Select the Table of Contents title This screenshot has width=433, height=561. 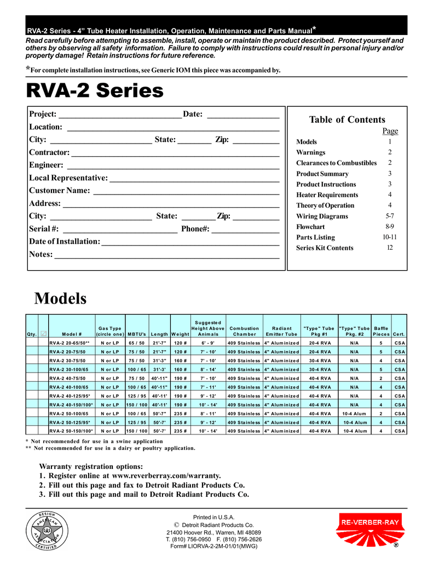point(347,119)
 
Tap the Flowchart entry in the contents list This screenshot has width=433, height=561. point(310,226)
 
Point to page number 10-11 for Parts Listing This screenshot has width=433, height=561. point(390,237)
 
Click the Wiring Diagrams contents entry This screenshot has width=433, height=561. point(322,216)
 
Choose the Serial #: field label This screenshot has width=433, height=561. point(44,228)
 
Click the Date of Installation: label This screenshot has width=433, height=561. point(65,242)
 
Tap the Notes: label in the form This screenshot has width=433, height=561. point(41,254)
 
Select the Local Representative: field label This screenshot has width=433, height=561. point(68,178)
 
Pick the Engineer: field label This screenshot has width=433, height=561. point(46,165)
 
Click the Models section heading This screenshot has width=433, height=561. point(60,299)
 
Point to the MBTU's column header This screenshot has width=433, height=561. point(136,334)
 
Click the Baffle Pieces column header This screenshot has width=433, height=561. point(380,331)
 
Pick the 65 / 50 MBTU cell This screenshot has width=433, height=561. point(136,343)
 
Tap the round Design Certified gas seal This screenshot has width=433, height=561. point(48,531)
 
